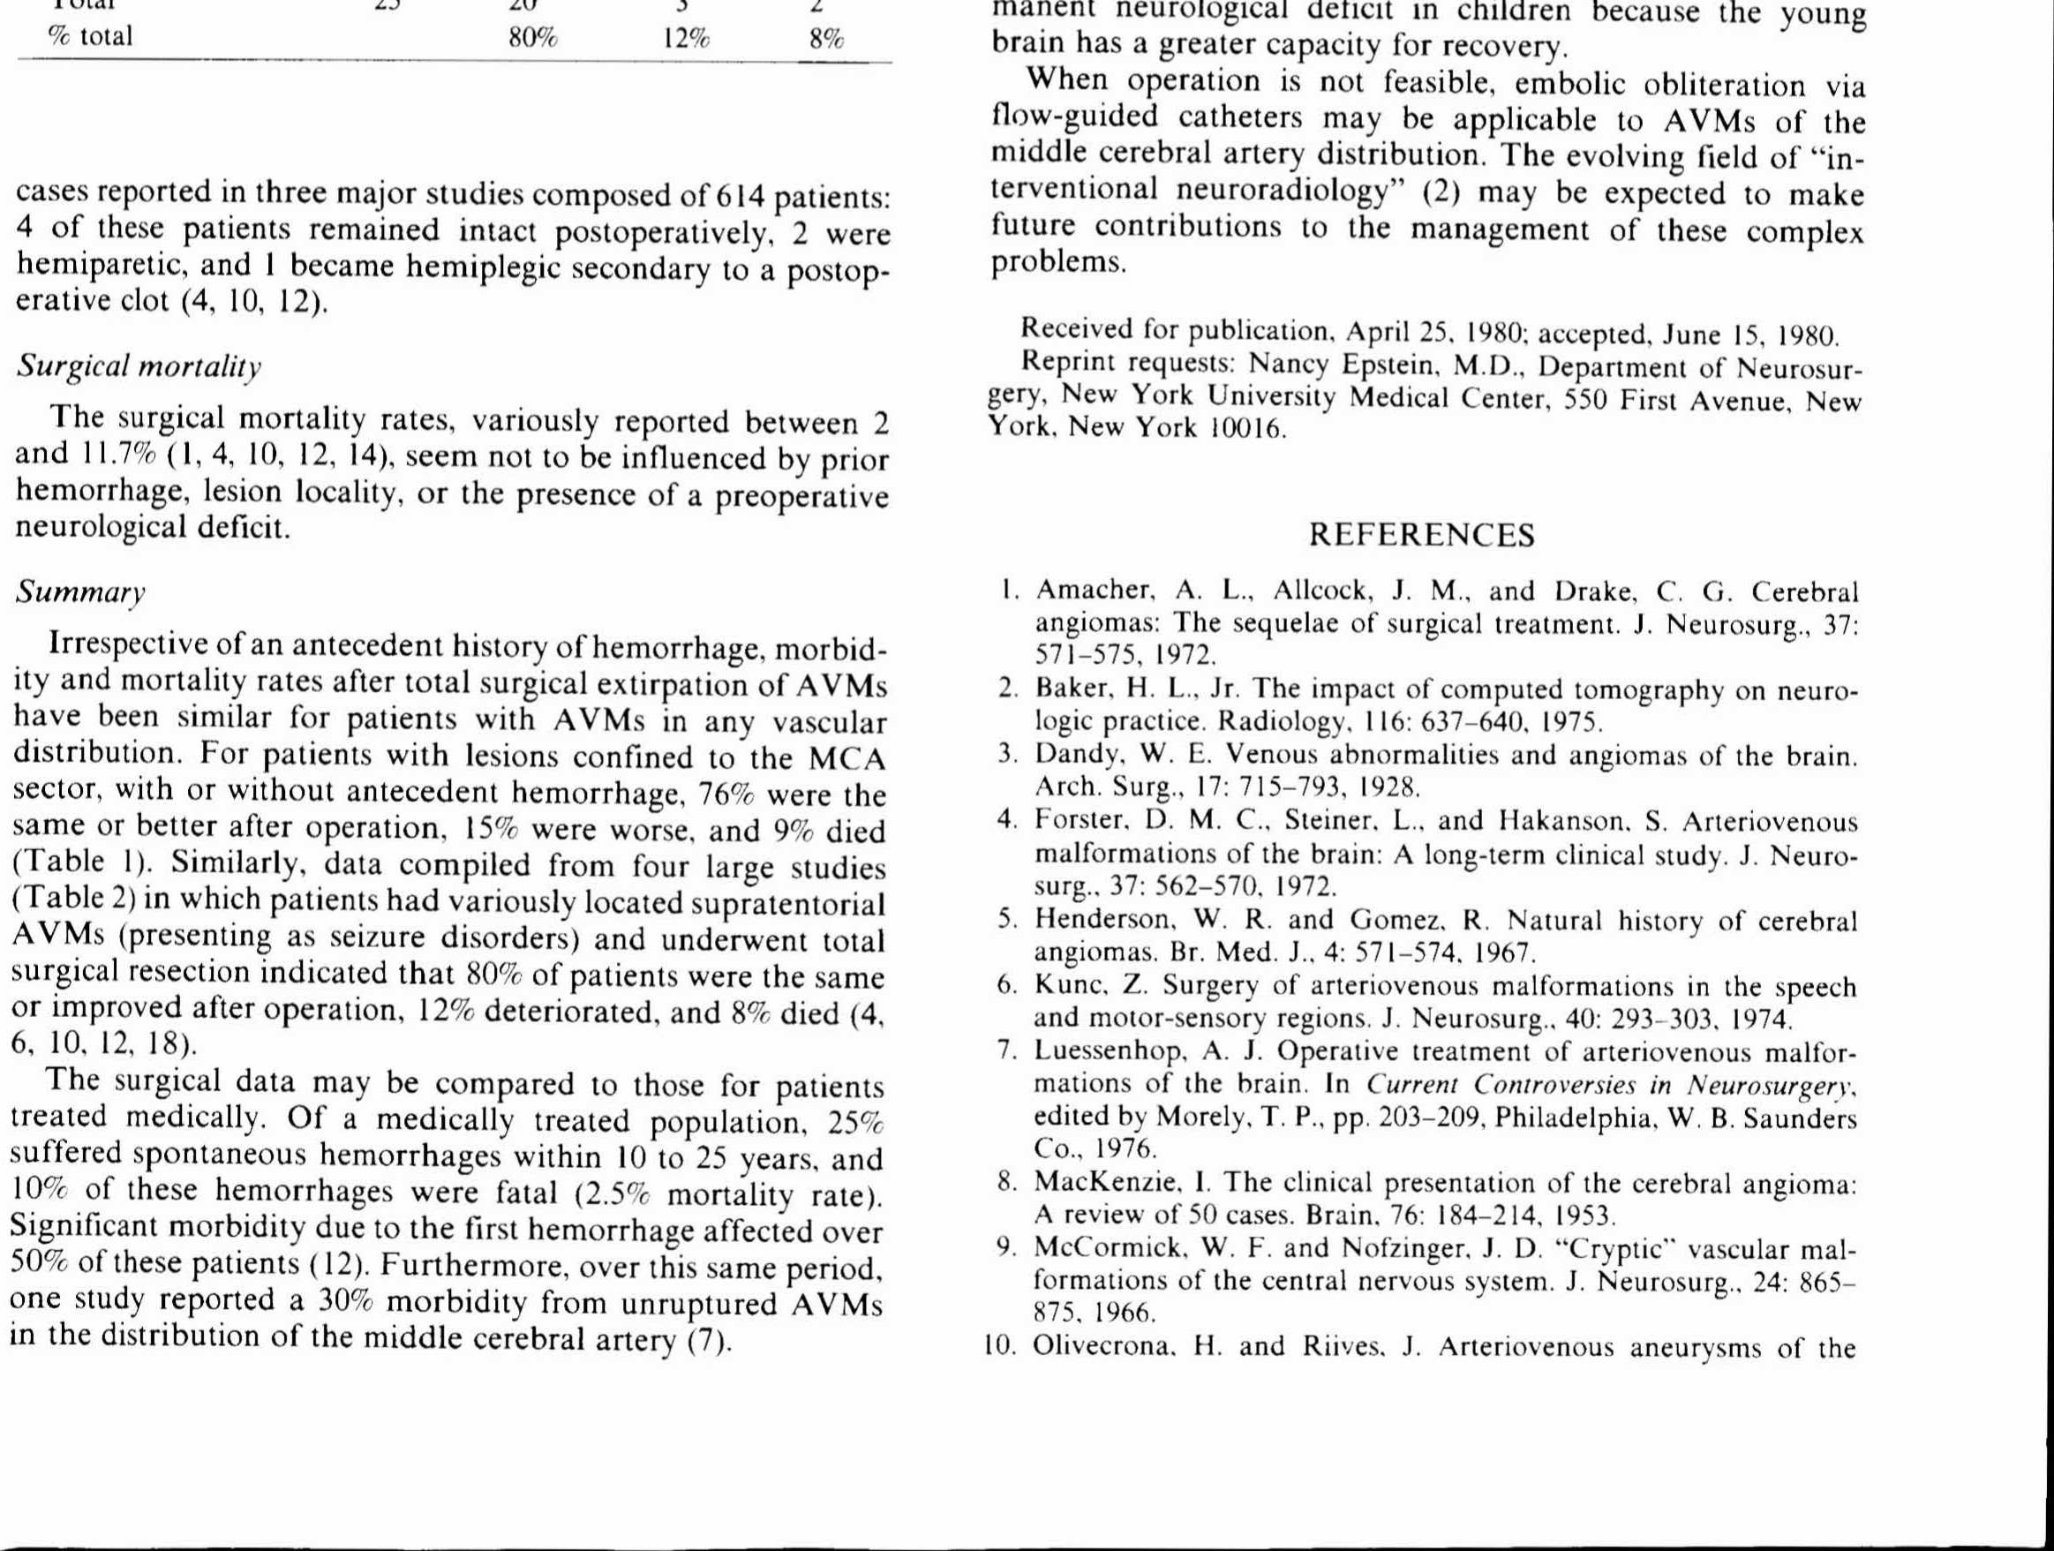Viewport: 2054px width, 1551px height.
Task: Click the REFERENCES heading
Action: (x=1421, y=535)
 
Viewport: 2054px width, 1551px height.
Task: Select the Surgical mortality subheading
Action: (x=139, y=367)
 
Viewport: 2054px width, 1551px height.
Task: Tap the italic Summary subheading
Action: (x=81, y=592)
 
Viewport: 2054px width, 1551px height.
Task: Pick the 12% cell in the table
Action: (x=686, y=38)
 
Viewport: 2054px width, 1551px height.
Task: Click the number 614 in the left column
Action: (x=739, y=196)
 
